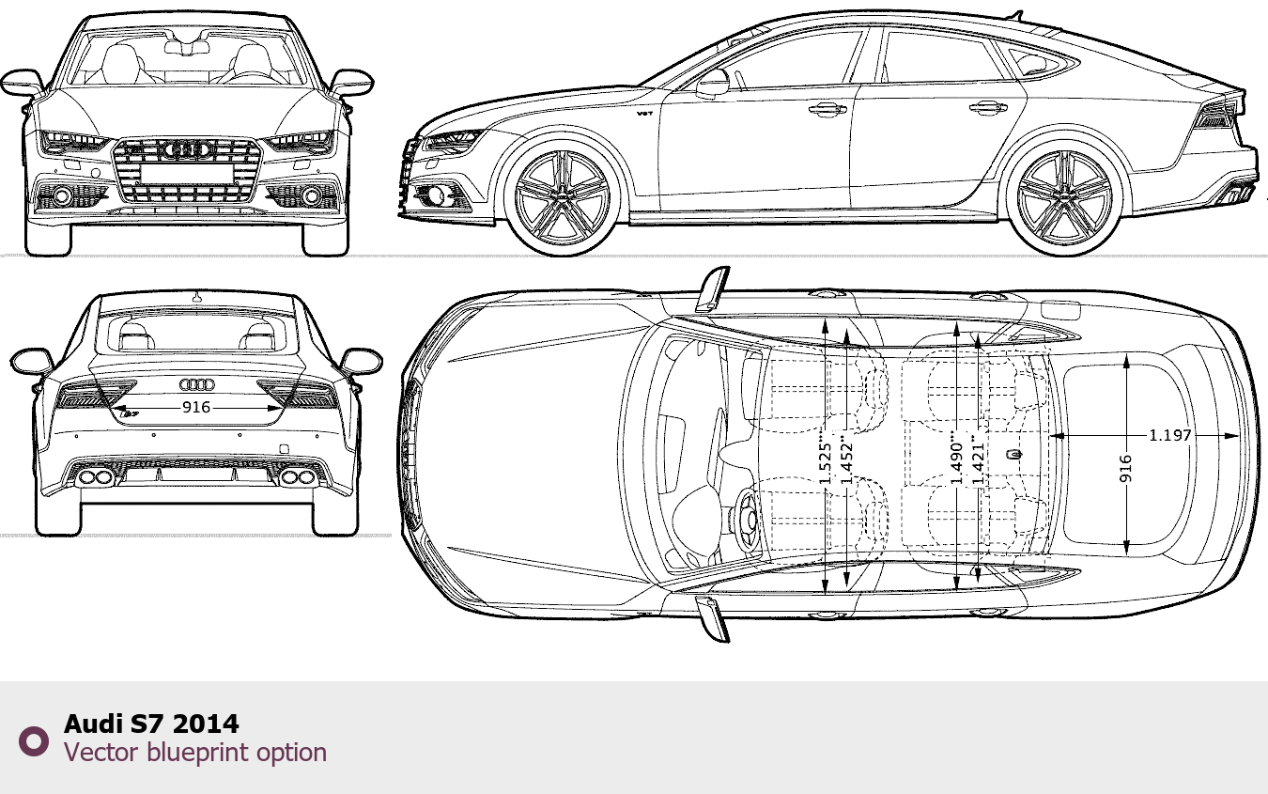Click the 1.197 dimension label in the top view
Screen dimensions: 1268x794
pos(1170,435)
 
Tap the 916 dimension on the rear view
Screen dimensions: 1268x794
pos(196,407)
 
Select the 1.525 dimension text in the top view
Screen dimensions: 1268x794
pos(826,464)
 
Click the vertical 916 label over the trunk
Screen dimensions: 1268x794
pos(1126,468)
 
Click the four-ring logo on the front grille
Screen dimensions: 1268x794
pos(187,149)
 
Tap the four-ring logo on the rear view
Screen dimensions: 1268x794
pos(197,385)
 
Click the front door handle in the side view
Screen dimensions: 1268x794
pos(827,108)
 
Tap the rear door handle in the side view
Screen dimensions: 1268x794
pos(988,106)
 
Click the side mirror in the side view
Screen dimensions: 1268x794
pos(713,83)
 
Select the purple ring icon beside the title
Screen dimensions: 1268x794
pos(34,741)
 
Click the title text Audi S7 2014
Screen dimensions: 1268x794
pos(151,724)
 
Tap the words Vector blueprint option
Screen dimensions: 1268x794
pos(195,752)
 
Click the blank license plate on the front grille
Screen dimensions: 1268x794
pos(187,173)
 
